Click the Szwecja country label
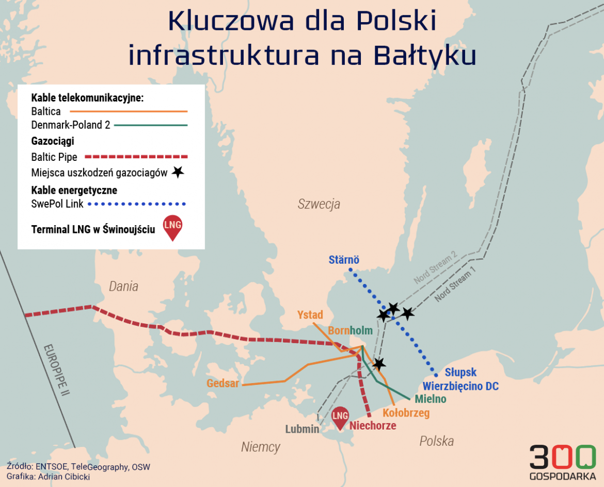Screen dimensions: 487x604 319,204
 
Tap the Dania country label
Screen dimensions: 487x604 123,287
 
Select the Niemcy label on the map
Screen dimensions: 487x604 260,447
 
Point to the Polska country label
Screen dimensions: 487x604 436,441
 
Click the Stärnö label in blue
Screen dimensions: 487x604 344,260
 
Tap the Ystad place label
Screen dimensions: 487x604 310,314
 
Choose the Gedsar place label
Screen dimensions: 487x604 222,383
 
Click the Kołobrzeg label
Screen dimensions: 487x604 406,413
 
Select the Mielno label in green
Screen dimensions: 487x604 430,399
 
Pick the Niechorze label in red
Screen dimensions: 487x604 373,426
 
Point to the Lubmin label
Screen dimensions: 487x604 302,429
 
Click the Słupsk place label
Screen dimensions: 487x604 460,372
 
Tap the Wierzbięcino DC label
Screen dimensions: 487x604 460,386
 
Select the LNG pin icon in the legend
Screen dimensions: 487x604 172,227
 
